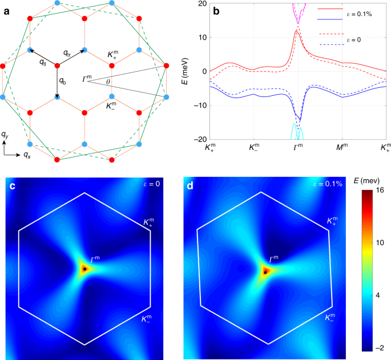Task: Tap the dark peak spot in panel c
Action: coord(84,268)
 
